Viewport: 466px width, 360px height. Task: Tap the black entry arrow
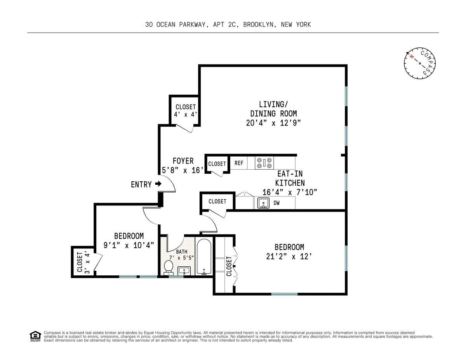click(158, 184)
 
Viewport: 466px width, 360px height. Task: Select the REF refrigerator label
click(239, 163)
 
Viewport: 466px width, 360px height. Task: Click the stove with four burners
click(264, 163)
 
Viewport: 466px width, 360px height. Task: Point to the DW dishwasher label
click(276, 202)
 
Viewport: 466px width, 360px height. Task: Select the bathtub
click(204, 257)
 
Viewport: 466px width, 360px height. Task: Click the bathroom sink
click(183, 270)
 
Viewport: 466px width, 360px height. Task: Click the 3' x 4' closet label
click(83, 262)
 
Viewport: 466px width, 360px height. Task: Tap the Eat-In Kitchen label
click(290, 179)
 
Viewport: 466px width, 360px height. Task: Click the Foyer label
click(183, 161)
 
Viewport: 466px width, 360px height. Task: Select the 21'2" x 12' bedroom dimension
click(289, 256)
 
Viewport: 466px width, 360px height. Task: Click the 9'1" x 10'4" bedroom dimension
click(129, 245)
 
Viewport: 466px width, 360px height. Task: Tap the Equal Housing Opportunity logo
click(35, 336)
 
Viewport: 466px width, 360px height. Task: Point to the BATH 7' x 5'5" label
click(181, 254)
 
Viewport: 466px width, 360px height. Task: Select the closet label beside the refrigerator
click(217, 164)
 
